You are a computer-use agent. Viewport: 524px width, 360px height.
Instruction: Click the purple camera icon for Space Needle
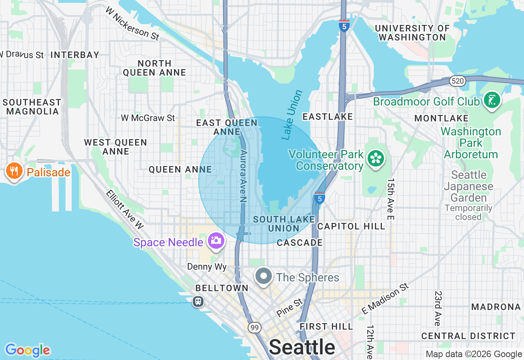(215, 241)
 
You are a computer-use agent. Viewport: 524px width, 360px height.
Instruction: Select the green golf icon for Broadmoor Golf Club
(492, 100)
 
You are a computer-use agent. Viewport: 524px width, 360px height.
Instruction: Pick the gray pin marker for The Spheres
(264, 277)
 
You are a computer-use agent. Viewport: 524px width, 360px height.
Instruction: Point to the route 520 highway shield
(458, 81)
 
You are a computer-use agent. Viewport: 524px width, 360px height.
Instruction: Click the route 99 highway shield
(255, 327)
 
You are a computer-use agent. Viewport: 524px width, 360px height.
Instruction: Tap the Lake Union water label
(292, 115)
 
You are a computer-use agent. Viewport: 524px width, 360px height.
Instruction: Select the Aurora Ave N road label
(244, 176)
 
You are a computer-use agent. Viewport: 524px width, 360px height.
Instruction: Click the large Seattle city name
(302, 347)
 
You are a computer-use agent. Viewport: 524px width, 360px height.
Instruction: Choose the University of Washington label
(412, 33)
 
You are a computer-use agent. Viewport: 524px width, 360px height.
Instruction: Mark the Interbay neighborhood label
(75, 54)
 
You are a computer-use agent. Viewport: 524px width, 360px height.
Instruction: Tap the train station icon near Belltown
(198, 301)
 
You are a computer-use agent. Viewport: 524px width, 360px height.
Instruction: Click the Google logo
(27, 350)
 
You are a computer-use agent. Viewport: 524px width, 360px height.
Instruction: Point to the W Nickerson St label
(132, 23)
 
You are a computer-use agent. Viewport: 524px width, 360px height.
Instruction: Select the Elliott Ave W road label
(125, 209)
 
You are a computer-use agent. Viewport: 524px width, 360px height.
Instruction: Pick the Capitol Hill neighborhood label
(351, 226)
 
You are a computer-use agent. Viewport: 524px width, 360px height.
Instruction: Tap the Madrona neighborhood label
(496, 306)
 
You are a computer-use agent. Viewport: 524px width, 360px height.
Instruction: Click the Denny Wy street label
(207, 267)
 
